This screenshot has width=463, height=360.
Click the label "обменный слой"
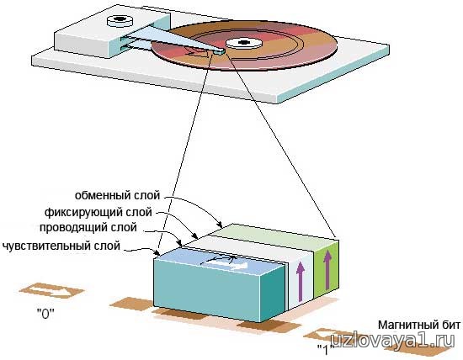(x=117, y=195)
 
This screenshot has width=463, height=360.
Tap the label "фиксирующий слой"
(x=98, y=212)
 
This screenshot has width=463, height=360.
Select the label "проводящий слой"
(x=88, y=228)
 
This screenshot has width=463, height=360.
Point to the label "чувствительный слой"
(x=61, y=246)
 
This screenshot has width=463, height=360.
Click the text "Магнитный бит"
(x=419, y=325)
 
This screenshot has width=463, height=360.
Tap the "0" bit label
(x=45, y=314)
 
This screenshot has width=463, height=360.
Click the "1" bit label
(x=326, y=350)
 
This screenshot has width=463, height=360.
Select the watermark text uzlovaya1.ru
(x=393, y=342)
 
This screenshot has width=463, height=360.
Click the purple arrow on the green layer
(x=327, y=269)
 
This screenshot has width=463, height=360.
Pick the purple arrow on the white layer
(x=301, y=282)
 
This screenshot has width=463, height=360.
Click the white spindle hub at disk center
(x=244, y=44)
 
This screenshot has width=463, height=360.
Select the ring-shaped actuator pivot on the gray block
(x=120, y=20)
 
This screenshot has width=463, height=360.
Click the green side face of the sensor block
(x=327, y=269)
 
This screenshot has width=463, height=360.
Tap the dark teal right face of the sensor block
(x=272, y=292)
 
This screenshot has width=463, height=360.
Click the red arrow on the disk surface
(x=197, y=53)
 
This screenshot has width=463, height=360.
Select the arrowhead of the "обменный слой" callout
(x=220, y=222)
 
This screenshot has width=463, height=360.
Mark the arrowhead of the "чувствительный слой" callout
(x=157, y=253)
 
